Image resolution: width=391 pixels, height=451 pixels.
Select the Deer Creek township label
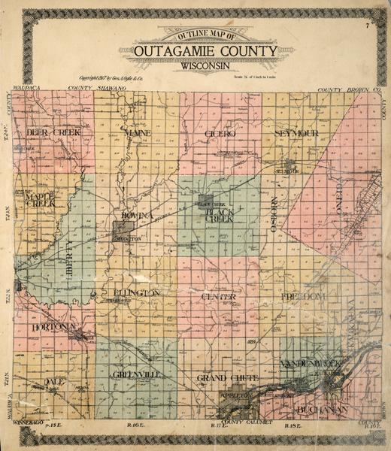pos(53,132)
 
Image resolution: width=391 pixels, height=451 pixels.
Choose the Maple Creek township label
pos(41,200)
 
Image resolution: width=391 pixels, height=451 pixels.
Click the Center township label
pos(219,297)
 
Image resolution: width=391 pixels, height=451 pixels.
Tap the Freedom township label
pos(302,298)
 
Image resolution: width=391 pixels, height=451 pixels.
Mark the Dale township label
pos(53,381)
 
